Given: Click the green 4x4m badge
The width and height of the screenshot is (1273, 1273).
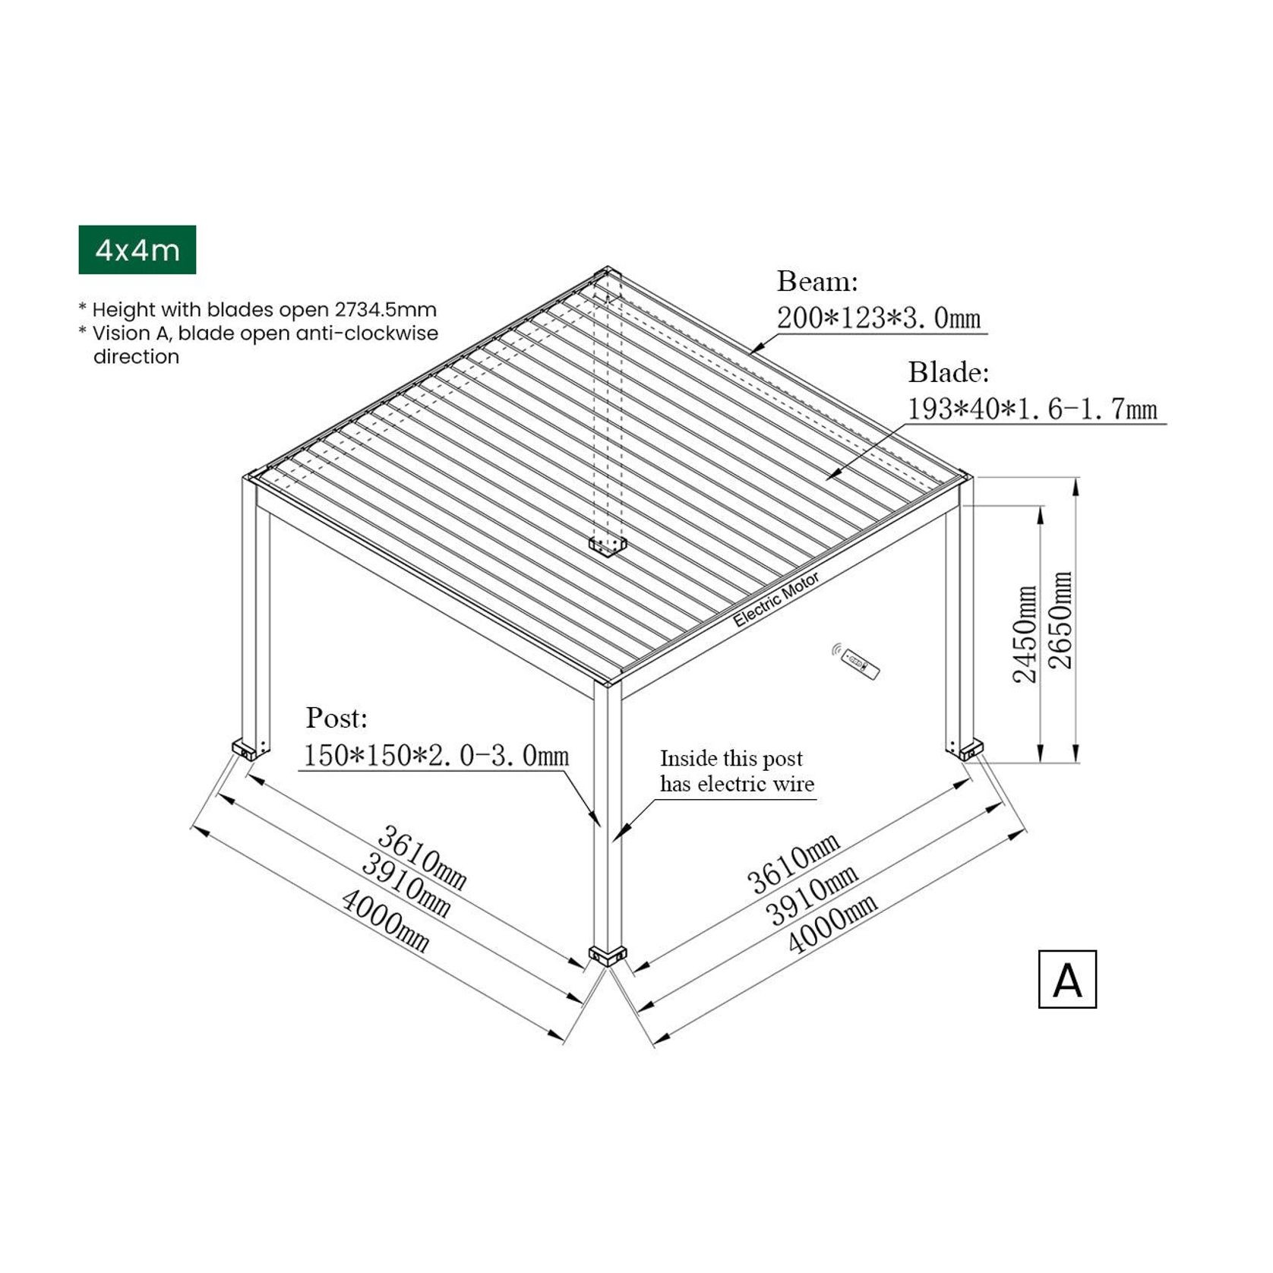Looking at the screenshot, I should click(137, 250).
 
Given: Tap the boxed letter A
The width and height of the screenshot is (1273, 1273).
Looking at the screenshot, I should click(1066, 979).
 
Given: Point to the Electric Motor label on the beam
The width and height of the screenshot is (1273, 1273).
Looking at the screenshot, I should click(775, 599).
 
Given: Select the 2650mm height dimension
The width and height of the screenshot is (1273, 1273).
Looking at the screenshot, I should click(1060, 620).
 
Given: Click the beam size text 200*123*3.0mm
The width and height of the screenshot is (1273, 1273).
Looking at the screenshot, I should click(878, 317).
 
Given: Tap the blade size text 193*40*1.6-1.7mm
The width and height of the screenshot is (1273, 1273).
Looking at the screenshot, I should click(1032, 409).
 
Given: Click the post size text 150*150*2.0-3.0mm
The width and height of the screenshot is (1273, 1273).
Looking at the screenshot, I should click(436, 755).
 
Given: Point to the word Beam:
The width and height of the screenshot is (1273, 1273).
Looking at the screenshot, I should click(817, 282).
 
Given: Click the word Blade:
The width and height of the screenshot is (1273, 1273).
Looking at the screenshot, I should click(949, 372).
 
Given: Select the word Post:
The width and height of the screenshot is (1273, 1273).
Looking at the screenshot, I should click(336, 718).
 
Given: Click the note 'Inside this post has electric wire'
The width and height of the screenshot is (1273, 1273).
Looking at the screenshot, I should click(736, 771).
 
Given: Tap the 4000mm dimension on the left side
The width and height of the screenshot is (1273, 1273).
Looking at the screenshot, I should click(385, 921).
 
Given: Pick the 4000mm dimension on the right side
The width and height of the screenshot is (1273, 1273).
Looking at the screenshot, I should click(832, 922).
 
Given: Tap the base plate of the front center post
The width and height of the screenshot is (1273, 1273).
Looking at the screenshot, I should click(608, 955).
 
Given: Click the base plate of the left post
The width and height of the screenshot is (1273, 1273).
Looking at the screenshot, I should click(249, 749).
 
